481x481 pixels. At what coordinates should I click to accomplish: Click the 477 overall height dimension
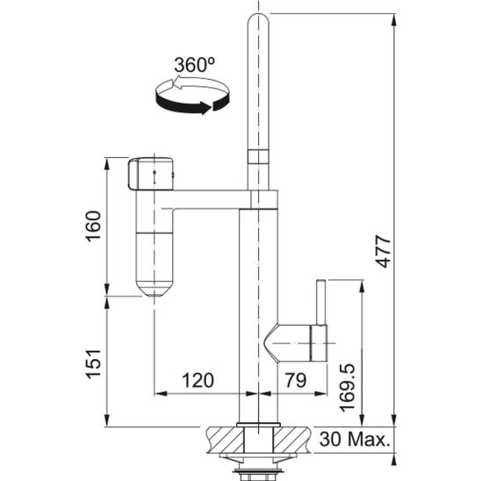(384, 251)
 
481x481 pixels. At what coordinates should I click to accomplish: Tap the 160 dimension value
(93, 226)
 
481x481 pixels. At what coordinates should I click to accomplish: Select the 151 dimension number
(93, 363)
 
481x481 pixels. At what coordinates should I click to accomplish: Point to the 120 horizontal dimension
(197, 380)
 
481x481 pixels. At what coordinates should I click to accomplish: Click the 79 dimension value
(296, 380)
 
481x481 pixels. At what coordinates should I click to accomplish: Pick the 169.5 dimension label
(347, 387)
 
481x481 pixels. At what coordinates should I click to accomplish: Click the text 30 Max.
(355, 439)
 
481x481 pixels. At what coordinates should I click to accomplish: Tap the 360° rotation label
(195, 65)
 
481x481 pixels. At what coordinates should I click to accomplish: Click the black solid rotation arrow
(191, 104)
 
